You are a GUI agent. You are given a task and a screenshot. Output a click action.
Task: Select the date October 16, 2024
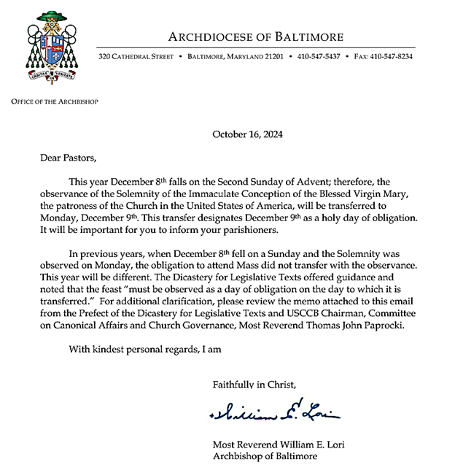pyautogui.click(x=247, y=134)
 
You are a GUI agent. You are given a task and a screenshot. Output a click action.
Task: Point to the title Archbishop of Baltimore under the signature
pyautogui.click(x=265, y=456)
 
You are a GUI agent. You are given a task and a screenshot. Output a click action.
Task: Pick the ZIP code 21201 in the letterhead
pyautogui.click(x=269, y=55)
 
